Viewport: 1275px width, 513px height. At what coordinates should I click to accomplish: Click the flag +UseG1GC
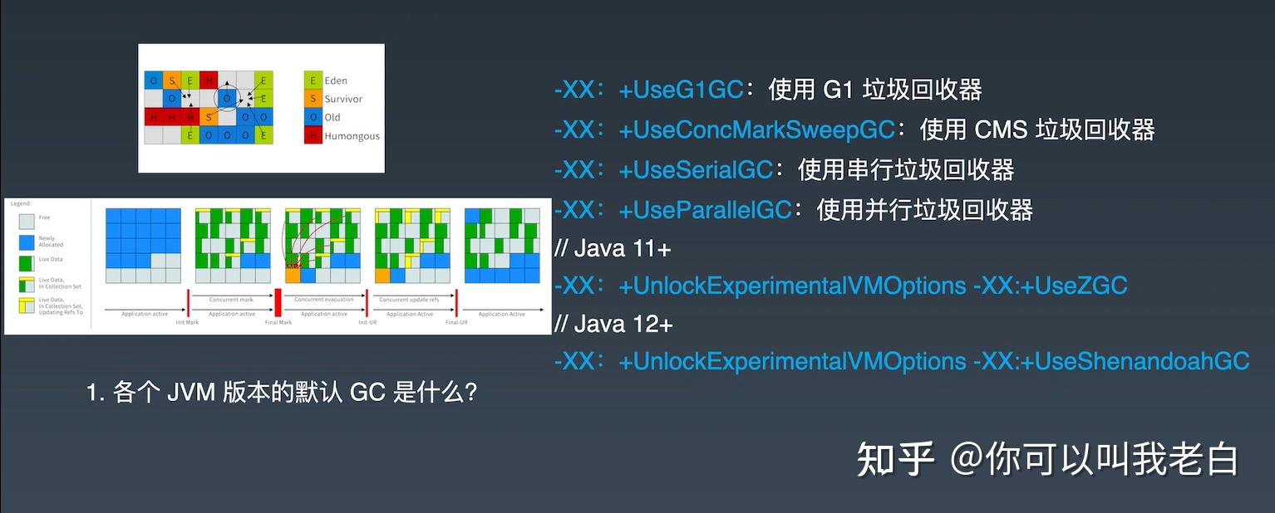tap(680, 90)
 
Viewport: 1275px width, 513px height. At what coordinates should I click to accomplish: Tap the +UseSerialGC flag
tap(696, 170)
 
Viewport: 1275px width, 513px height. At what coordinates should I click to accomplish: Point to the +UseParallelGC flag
tap(705, 210)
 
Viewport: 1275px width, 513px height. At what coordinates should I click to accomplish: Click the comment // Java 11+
tap(613, 248)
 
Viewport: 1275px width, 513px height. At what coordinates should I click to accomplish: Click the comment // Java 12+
tap(613, 324)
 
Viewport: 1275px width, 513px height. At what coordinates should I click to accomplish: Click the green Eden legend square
tap(313, 81)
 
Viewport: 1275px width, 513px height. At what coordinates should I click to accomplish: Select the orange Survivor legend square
tap(313, 99)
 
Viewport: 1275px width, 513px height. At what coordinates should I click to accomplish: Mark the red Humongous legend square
tap(313, 135)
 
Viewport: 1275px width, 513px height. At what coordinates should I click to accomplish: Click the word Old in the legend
tap(332, 117)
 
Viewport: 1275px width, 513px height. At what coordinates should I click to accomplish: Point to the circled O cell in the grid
tap(227, 99)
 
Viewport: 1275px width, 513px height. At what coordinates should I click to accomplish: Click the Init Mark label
tap(187, 322)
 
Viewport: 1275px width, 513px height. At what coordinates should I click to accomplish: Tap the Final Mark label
tap(278, 322)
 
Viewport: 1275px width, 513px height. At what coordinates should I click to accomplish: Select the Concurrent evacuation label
tap(324, 299)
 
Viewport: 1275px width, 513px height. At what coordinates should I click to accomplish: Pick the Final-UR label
tap(456, 322)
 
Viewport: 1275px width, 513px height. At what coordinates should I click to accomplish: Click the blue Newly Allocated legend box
tap(27, 242)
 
